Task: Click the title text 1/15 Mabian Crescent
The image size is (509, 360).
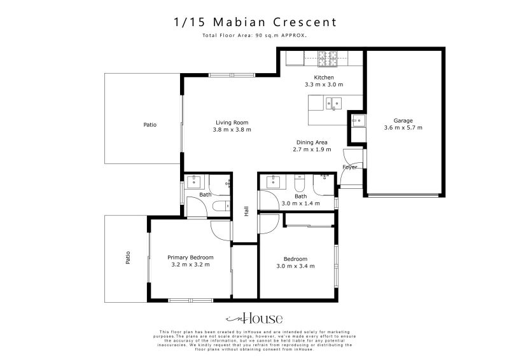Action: pos(254,22)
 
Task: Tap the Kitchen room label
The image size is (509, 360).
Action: pos(324,78)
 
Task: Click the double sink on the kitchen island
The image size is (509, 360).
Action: pos(334,103)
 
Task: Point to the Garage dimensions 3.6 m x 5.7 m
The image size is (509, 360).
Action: pos(403,128)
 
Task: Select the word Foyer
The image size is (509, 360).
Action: pos(350,167)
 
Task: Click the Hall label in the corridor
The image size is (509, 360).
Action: pos(246,211)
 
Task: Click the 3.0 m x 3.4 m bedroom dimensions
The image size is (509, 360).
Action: pos(296,266)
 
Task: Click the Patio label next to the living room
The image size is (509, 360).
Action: pos(150,125)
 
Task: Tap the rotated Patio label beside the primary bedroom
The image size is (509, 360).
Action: pos(128,258)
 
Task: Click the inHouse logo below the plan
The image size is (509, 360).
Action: pos(254,319)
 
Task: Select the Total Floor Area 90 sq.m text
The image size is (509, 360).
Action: pos(254,36)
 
